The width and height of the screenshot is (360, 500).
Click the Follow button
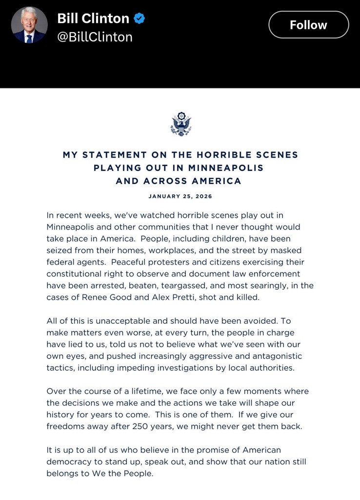308,24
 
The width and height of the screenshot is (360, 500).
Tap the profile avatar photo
29,25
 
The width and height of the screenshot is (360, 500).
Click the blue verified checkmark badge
140,19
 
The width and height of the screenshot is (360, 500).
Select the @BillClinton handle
95,38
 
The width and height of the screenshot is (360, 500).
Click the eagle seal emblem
180,124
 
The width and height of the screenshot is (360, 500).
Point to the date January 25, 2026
180,196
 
